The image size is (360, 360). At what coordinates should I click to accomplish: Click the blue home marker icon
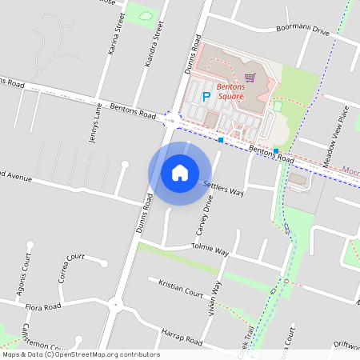[x=179, y=173]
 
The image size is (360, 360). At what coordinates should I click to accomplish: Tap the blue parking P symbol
[x=206, y=97]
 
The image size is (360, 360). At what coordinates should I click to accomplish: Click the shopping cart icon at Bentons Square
[x=250, y=78]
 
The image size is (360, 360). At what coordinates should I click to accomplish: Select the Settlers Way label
[x=223, y=188]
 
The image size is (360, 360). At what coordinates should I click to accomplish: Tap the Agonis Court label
[x=23, y=273]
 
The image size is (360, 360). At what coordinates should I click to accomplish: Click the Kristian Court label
[x=181, y=288]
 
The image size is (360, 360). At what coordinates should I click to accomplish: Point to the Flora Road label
[x=42, y=306]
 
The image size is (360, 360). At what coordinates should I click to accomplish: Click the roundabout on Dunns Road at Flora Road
[x=117, y=303]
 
